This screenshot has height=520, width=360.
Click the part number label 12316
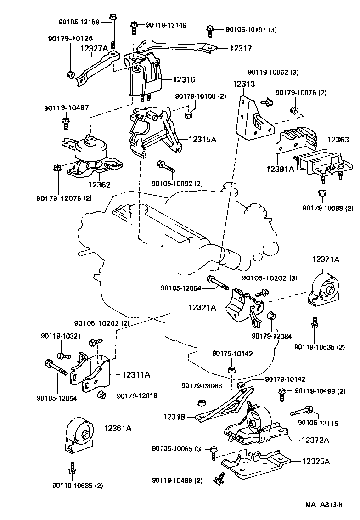click(184, 79)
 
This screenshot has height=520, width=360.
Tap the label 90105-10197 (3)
click(251, 29)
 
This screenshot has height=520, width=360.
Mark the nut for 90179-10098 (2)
click(322, 193)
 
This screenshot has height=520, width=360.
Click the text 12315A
click(202, 139)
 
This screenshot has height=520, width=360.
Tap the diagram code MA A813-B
click(324, 505)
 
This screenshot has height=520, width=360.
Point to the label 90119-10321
click(61, 336)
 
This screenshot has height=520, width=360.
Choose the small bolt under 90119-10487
click(66, 123)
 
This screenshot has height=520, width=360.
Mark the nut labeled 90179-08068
click(201, 403)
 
